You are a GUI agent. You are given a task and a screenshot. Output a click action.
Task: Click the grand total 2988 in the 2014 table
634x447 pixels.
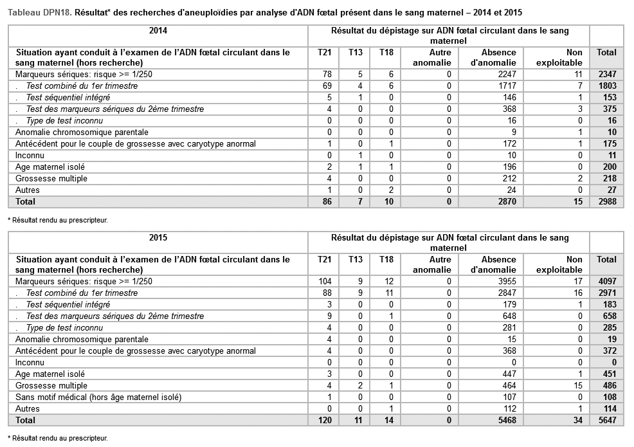[606, 201]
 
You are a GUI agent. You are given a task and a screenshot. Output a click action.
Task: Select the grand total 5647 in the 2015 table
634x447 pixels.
[606, 420]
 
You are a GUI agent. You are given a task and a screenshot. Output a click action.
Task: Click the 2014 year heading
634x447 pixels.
[158, 30]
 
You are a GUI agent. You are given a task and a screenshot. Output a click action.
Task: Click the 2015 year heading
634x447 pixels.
[158, 237]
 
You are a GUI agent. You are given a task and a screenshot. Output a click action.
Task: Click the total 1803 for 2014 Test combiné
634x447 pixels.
[606, 86]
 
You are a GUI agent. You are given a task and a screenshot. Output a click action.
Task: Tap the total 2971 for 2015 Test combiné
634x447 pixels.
[606, 293]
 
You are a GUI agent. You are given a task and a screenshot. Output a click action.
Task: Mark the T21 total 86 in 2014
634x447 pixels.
[325, 201]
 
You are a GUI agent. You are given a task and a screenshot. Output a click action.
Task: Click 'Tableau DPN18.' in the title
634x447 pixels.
[39, 12]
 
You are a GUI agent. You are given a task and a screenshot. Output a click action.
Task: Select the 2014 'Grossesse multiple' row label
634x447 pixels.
[51, 178]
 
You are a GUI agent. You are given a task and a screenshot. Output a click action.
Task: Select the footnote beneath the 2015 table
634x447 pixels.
[57, 438]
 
